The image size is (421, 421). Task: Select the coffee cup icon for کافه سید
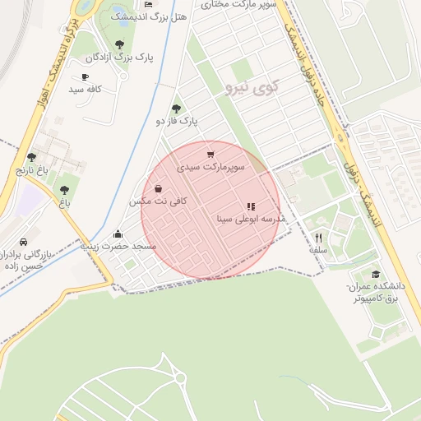coord(85,76)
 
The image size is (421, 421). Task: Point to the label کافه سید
coord(85,88)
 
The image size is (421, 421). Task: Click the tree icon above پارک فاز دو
coord(176,109)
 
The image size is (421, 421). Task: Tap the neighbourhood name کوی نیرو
coord(251,86)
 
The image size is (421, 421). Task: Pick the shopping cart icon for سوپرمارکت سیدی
coord(210,154)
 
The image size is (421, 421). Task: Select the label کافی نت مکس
coord(158,201)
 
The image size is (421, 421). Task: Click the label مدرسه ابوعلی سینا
coord(250,219)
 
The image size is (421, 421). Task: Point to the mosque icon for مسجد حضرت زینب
coord(119,233)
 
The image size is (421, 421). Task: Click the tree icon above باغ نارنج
coord(31,157)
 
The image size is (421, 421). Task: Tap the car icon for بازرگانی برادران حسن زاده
coord(23,243)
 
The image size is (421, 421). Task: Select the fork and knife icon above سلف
coord(318,238)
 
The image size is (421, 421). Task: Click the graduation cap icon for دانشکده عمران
coord(376,274)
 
